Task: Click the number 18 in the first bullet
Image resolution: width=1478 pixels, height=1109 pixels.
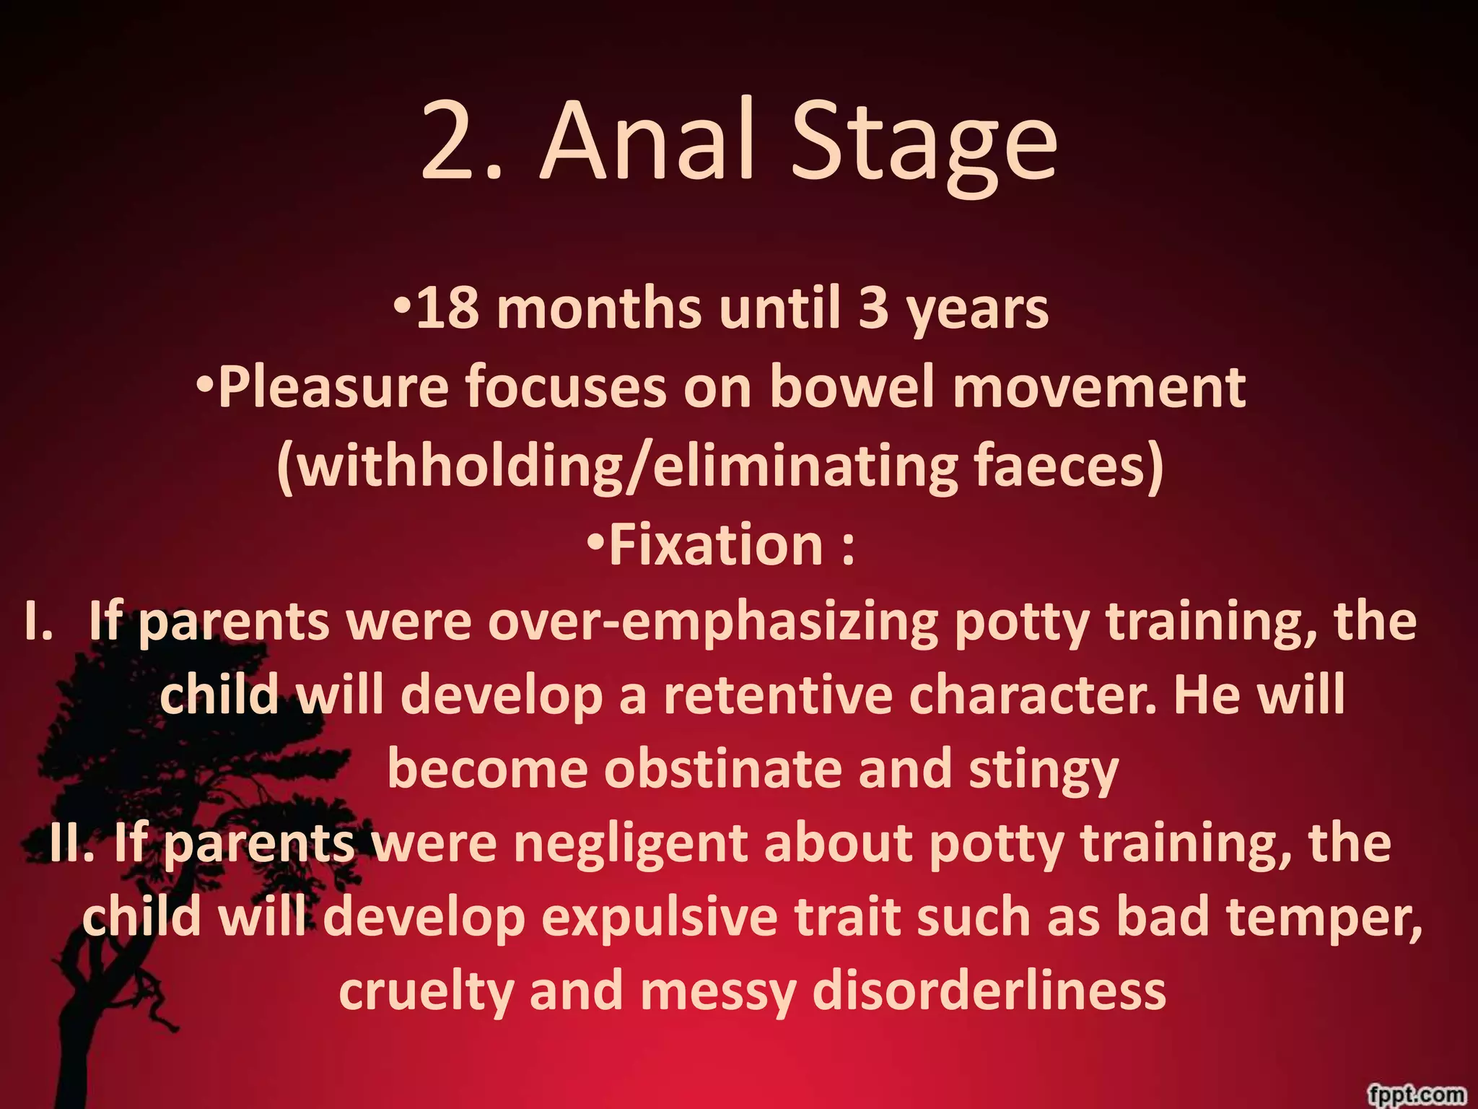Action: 447,309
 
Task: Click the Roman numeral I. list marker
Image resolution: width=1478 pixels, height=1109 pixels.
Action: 40,622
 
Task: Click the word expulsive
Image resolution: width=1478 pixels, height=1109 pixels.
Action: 660,917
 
